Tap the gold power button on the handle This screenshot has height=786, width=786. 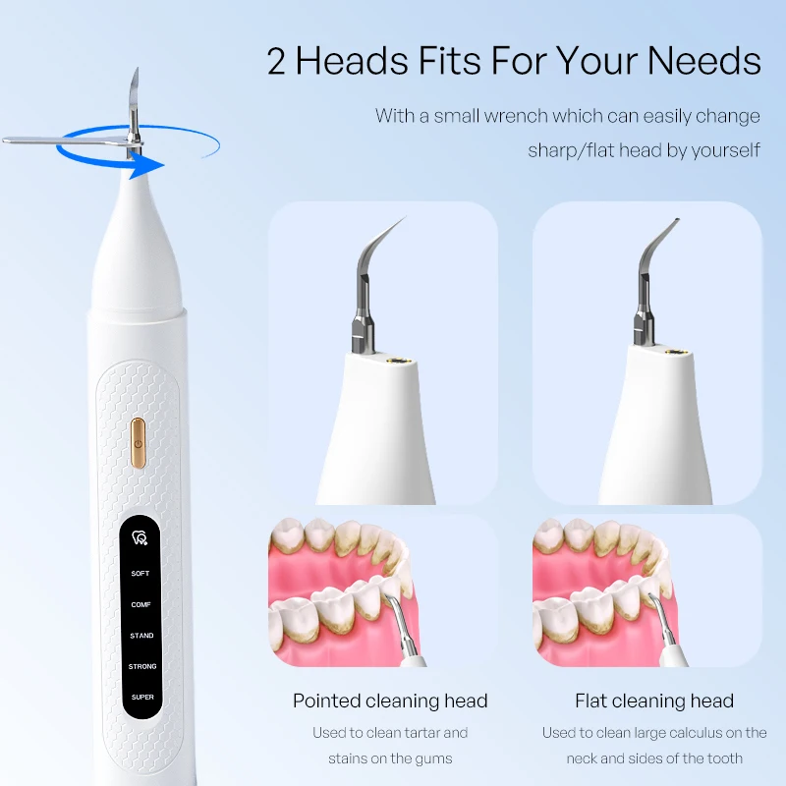click(x=139, y=444)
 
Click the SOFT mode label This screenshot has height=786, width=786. click(x=140, y=574)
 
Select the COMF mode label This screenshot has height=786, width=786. click(x=140, y=604)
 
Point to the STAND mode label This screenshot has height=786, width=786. click(x=141, y=636)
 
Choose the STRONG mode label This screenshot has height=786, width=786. click(x=142, y=667)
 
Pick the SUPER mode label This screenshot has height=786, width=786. click(x=142, y=698)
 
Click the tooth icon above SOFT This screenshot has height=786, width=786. click(x=140, y=537)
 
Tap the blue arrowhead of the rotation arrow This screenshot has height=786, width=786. click(x=146, y=166)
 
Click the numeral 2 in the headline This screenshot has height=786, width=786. click(x=276, y=61)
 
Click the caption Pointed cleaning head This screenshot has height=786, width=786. click(x=390, y=701)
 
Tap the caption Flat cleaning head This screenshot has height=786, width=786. click(x=654, y=701)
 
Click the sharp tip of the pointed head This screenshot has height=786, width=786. click(x=405, y=217)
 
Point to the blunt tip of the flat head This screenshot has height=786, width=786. click(x=677, y=220)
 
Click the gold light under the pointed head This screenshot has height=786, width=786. click(x=400, y=360)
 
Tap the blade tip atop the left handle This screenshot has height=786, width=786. click(x=137, y=70)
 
